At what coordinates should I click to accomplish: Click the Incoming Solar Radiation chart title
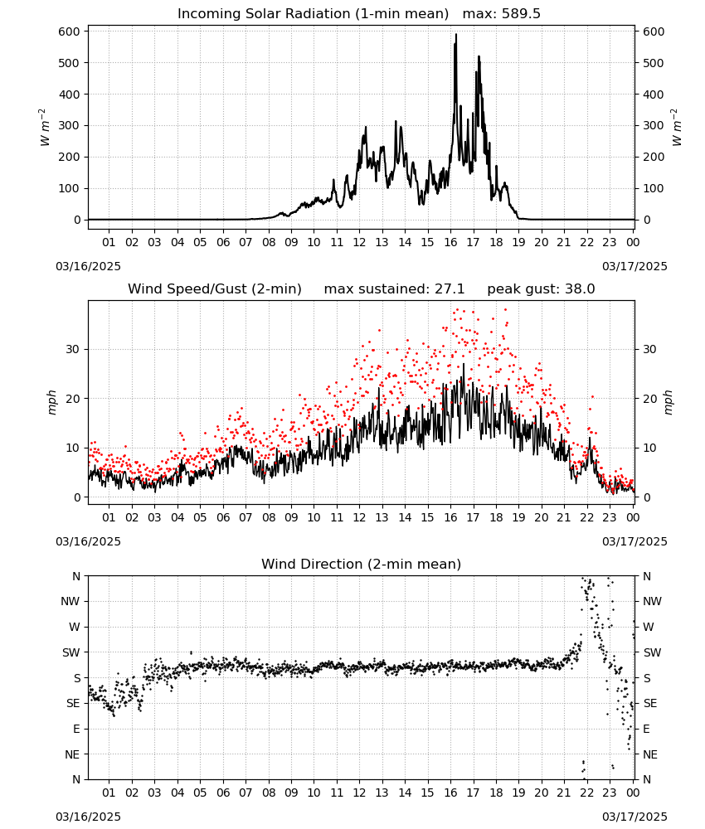[x=313, y=14]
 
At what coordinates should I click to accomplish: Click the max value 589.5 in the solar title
[x=521, y=14]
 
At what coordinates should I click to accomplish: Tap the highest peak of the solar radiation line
[x=456, y=35]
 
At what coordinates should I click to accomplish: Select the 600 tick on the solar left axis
[x=70, y=32]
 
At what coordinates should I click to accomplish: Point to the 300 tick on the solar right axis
[x=654, y=126]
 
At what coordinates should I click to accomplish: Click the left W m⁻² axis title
[x=45, y=128]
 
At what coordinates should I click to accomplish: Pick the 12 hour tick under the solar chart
[x=359, y=242]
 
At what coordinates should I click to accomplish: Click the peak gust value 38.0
[x=580, y=289]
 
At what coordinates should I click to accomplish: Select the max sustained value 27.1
[x=450, y=289]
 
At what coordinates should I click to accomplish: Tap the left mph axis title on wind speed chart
[x=51, y=402]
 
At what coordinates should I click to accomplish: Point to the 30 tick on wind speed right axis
[x=649, y=350]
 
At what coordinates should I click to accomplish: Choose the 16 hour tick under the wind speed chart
[x=450, y=517]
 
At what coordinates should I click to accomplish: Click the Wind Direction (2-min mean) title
[x=362, y=564]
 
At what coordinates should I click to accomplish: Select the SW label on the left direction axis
[x=70, y=652]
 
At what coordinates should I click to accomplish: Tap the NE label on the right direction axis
[x=650, y=754]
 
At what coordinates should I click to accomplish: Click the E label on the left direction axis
[x=76, y=729]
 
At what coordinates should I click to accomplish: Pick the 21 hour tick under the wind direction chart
[x=564, y=793]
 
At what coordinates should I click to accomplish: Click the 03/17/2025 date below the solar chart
[x=634, y=266]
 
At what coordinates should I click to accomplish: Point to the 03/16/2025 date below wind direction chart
[x=88, y=817]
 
